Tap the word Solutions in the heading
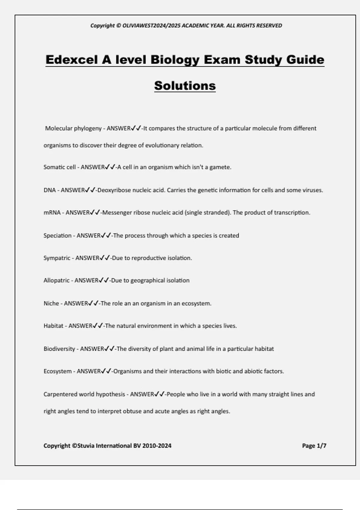pos(185,85)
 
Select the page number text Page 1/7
pos(314,446)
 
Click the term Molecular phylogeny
pos(73,128)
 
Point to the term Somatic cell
pos(59,167)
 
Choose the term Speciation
pos(57,235)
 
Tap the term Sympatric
pos(57,258)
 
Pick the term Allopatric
pos(56,280)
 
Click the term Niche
pos(51,303)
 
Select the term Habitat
pos(53,326)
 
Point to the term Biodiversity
pos(59,349)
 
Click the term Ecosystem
pos(58,371)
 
